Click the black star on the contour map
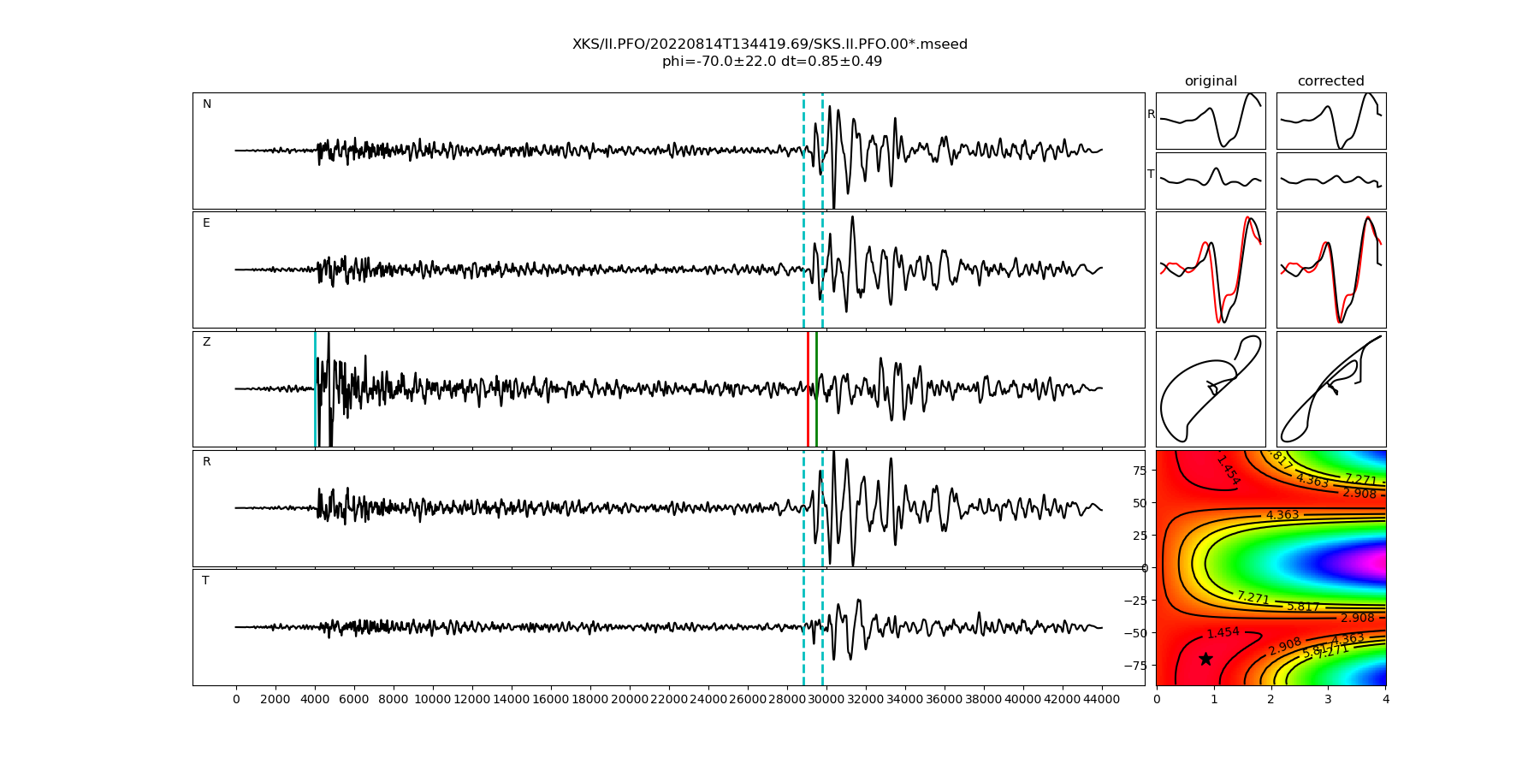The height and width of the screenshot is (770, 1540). pyautogui.click(x=1205, y=659)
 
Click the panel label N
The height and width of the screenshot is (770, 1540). pyautogui.click(x=207, y=104)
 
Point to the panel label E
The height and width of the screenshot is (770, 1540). pyautogui.click(x=206, y=223)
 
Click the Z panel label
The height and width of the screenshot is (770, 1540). pyautogui.click(x=206, y=342)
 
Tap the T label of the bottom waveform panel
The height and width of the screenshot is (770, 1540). pyautogui.click(x=205, y=581)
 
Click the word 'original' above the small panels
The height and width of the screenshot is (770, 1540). pyautogui.click(x=1211, y=81)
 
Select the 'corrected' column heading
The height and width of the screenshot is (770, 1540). pyautogui.click(x=1330, y=81)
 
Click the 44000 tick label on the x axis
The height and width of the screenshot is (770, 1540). pyautogui.click(x=1101, y=699)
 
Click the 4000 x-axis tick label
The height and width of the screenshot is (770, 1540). pyautogui.click(x=315, y=699)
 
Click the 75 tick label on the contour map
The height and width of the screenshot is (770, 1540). pyautogui.click(x=1139, y=470)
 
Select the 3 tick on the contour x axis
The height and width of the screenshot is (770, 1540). pyautogui.click(x=1329, y=699)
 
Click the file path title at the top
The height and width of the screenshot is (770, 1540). pyautogui.click(x=770, y=44)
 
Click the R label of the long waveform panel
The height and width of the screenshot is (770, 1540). pyautogui.click(x=206, y=462)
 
